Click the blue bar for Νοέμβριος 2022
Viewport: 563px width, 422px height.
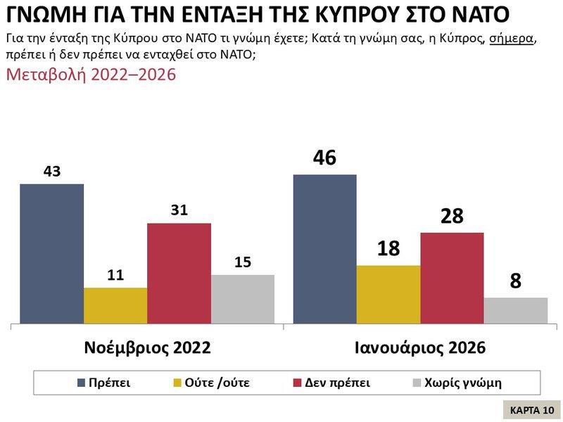[x=51, y=254]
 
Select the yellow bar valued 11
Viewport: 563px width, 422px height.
[x=115, y=306]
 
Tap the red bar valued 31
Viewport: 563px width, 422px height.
[x=179, y=274]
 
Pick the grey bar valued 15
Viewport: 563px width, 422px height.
[x=242, y=300]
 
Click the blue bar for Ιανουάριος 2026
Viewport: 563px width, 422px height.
[x=324, y=249]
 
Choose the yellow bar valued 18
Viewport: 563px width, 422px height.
[x=388, y=295]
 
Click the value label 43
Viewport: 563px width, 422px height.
[x=51, y=171]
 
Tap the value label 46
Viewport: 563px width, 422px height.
[x=324, y=158]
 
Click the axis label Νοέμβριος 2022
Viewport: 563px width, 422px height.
[x=147, y=347]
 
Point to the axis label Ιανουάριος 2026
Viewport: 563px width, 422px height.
[x=420, y=347]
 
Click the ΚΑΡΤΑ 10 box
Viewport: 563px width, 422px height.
[x=531, y=409]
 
